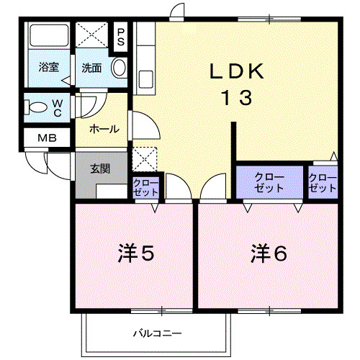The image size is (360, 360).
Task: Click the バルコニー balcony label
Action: point(157,333)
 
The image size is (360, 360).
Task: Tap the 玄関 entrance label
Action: point(100,169)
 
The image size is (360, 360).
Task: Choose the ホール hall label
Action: point(104,130)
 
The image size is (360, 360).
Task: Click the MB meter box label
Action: point(37,138)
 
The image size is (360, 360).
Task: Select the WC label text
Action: point(57,107)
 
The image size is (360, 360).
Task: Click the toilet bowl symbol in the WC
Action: point(35,108)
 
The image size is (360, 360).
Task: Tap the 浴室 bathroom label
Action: point(48,68)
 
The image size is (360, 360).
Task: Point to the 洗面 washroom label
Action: point(91,68)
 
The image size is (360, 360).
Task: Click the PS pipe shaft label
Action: point(121,37)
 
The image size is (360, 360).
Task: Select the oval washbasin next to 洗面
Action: point(120,68)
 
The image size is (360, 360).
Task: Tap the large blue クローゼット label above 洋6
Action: point(269,182)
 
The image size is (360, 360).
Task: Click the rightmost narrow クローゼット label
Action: point(322,182)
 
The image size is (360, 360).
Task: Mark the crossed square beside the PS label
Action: point(92,35)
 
